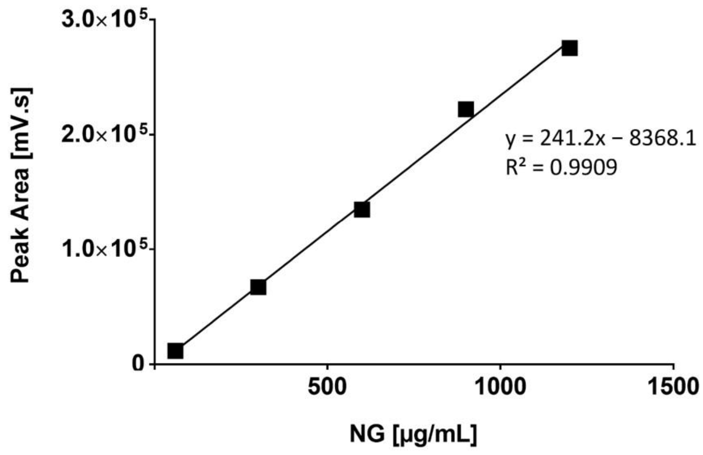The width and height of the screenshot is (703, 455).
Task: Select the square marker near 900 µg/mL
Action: click(x=466, y=109)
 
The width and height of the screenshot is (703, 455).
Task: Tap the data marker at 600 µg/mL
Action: click(x=362, y=210)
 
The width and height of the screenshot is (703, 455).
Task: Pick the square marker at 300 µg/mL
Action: click(x=258, y=287)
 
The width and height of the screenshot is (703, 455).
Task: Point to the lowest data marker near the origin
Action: click(x=175, y=351)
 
